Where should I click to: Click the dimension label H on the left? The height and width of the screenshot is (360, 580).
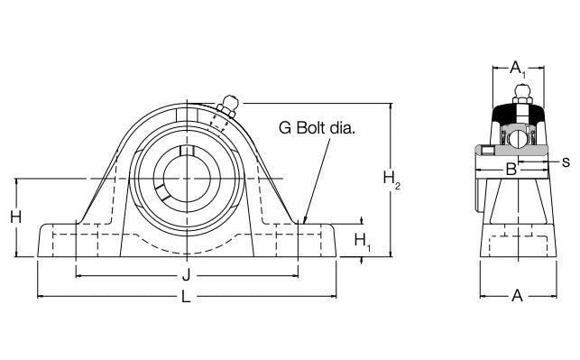coord(15,217)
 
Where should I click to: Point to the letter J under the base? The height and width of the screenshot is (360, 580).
coord(187,275)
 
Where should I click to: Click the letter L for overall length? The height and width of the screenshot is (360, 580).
coord(187,298)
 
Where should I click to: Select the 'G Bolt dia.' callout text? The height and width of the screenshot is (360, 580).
coord(317,129)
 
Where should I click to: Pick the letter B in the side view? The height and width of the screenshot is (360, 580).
coord(510,169)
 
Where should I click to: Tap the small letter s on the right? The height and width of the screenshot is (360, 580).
coord(565,162)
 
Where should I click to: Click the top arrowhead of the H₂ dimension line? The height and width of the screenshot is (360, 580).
coord(390,106)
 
